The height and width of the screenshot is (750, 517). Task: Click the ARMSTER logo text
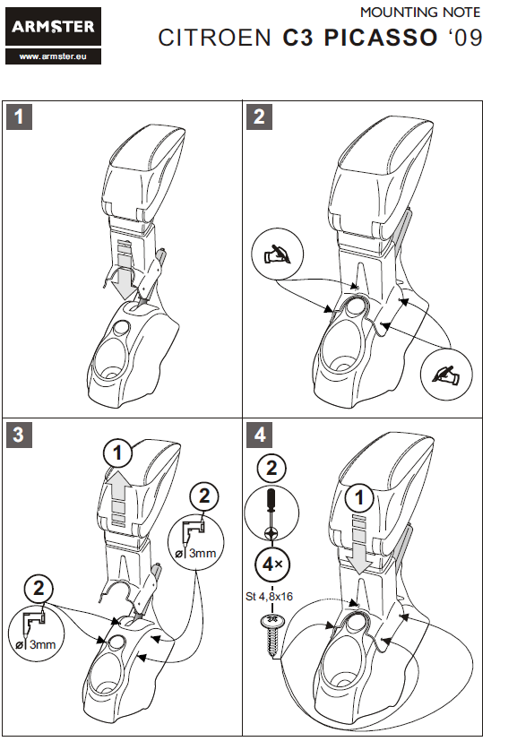coord(53,26)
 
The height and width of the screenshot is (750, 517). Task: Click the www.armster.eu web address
coord(53,56)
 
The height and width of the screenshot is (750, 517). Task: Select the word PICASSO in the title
coord(381,38)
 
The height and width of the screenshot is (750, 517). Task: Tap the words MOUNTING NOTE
coord(420,13)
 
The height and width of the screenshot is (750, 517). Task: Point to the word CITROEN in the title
coord(215,38)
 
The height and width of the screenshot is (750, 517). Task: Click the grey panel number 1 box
coord(19,117)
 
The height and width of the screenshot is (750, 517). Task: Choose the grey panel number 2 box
coord(259,117)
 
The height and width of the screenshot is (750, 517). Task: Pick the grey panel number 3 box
coord(19,435)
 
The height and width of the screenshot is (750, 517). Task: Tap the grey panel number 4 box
coord(259,435)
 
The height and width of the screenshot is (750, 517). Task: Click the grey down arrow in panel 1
coord(124,275)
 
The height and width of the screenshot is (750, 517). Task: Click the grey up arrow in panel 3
coord(118,497)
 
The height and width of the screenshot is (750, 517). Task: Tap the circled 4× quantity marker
coord(272,565)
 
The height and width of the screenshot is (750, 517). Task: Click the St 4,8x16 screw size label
coord(269,597)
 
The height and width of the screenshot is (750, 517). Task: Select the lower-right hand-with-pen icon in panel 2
coord(446,375)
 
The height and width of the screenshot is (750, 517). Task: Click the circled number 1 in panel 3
coord(118,453)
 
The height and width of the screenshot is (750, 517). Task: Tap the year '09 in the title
coord(464,38)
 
